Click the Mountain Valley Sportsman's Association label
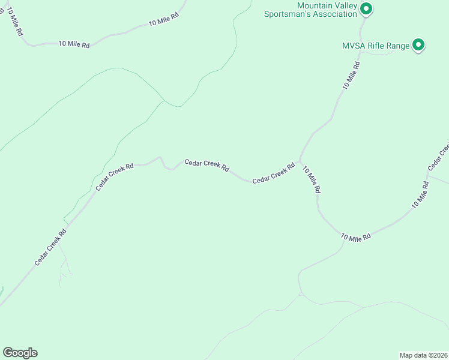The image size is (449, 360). click(x=311, y=10)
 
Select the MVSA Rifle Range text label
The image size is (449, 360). click(x=376, y=46)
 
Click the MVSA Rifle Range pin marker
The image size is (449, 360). click(x=418, y=45)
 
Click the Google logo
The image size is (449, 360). click(x=20, y=353)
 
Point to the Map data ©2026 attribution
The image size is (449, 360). click(x=424, y=355)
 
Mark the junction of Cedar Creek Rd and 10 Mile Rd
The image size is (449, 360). click(x=300, y=161)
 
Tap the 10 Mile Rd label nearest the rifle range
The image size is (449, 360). click(x=351, y=76)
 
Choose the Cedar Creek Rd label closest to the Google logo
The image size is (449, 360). click(x=50, y=247)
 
